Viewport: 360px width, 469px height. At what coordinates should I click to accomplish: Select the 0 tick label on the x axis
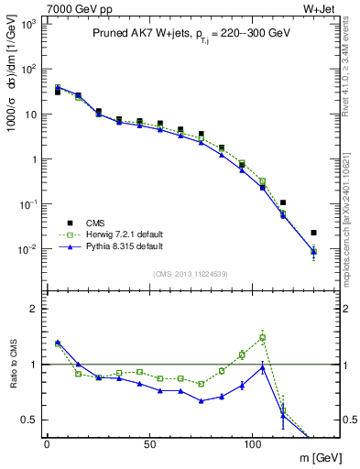pos(47,443)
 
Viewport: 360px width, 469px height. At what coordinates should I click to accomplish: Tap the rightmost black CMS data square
pos(313,233)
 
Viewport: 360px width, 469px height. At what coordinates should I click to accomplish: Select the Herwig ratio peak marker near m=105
pos(263,337)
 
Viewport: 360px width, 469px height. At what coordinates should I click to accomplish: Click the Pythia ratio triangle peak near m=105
pos(263,367)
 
